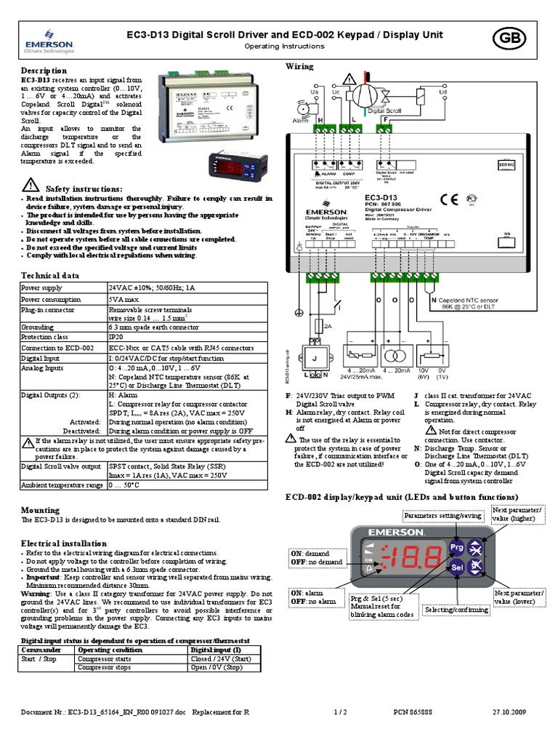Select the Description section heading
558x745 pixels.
(x=44, y=71)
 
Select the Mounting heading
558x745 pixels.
(x=40, y=510)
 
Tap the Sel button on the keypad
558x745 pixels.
(x=456, y=567)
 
